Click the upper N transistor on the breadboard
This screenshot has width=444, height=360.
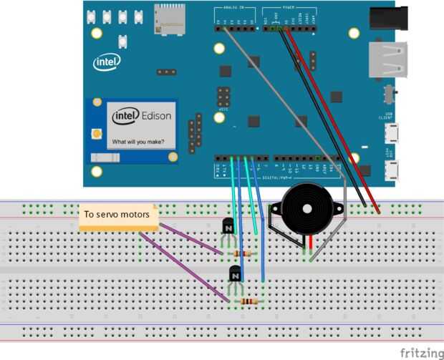228,227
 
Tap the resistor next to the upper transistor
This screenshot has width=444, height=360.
246,253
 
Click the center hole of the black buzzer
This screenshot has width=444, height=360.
307,210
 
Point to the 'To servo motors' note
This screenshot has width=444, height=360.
117,215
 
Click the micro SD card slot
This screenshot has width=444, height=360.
169,20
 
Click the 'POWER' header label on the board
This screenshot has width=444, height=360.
290,7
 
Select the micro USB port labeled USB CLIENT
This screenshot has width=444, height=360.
392,134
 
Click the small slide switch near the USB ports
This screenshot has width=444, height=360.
390,94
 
